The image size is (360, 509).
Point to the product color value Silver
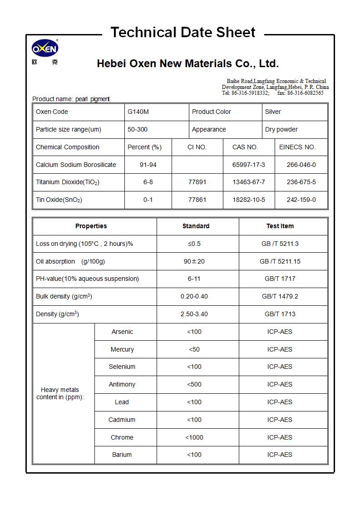(273, 112)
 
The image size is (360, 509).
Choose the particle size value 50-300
(137, 129)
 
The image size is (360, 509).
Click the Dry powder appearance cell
(281, 129)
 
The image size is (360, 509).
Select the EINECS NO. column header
(297, 147)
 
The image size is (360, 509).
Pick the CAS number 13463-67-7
(248, 182)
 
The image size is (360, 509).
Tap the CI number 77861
(197, 200)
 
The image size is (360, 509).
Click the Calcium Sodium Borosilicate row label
(76, 165)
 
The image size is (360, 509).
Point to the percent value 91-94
(148, 165)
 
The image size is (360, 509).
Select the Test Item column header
(280, 226)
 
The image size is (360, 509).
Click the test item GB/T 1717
(280, 279)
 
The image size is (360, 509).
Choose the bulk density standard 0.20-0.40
(194, 296)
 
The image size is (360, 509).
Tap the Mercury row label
(122, 349)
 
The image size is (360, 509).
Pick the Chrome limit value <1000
(194, 437)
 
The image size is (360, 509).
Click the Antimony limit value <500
(194, 384)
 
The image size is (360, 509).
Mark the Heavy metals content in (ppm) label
(60, 393)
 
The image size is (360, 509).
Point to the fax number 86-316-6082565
(306, 93)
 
